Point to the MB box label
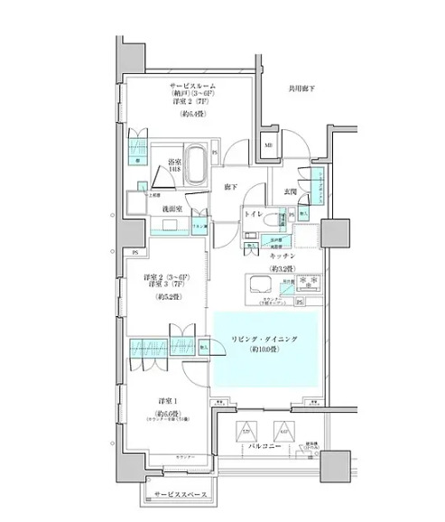coord(268,145)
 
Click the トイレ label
coord(256,216)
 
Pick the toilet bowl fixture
coord(282,220)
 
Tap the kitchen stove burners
coord(305,282)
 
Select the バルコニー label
coord(262,445)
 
